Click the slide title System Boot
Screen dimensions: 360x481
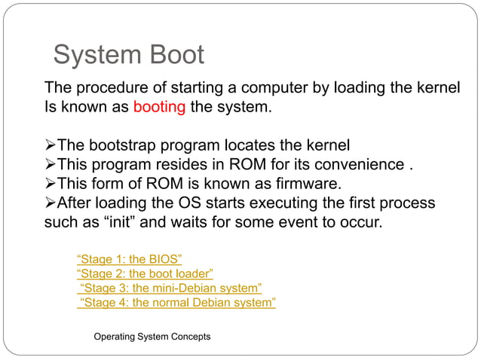(x=128, y=55)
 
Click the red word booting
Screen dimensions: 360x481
(x=159, y=107)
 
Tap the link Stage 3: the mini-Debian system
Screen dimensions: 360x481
(x=170, y=288)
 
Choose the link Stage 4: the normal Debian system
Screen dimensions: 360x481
(x=177, y=303)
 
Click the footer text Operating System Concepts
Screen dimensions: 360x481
(x=152, y=336)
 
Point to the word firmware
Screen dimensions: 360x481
(x=317, y=185)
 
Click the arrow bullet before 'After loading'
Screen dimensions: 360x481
(x=51, y=204)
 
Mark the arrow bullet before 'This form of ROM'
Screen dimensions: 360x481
(x=51, y=185)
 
